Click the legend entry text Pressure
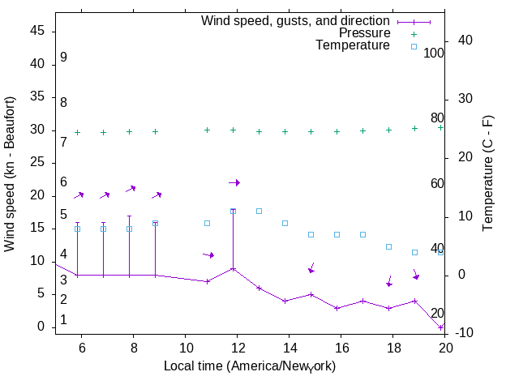[364, 33]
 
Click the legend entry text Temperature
[353, 45]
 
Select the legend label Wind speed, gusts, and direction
[296, 21]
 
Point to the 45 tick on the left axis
[37, 31]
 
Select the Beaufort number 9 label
[63, 58]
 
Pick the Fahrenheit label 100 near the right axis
[434, 53]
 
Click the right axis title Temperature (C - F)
[489, 172]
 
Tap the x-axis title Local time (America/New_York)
[250, 366]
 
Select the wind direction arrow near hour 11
[208, 254]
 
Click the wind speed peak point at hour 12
[234, 268]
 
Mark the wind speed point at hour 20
[440, 327]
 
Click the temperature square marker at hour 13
[259, 211]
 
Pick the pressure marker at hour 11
[207, 130]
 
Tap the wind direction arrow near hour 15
[311, 268]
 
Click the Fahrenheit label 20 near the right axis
[437, 314]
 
